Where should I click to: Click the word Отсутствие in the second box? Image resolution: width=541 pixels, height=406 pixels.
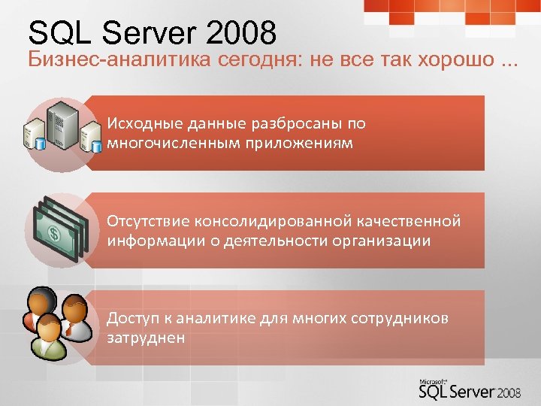click(149, 222)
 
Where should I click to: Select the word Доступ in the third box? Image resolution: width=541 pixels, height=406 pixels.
click(132, 319)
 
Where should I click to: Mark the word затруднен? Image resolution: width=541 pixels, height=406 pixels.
click(146, 338)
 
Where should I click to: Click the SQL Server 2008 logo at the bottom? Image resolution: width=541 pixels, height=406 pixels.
click(467, 391)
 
